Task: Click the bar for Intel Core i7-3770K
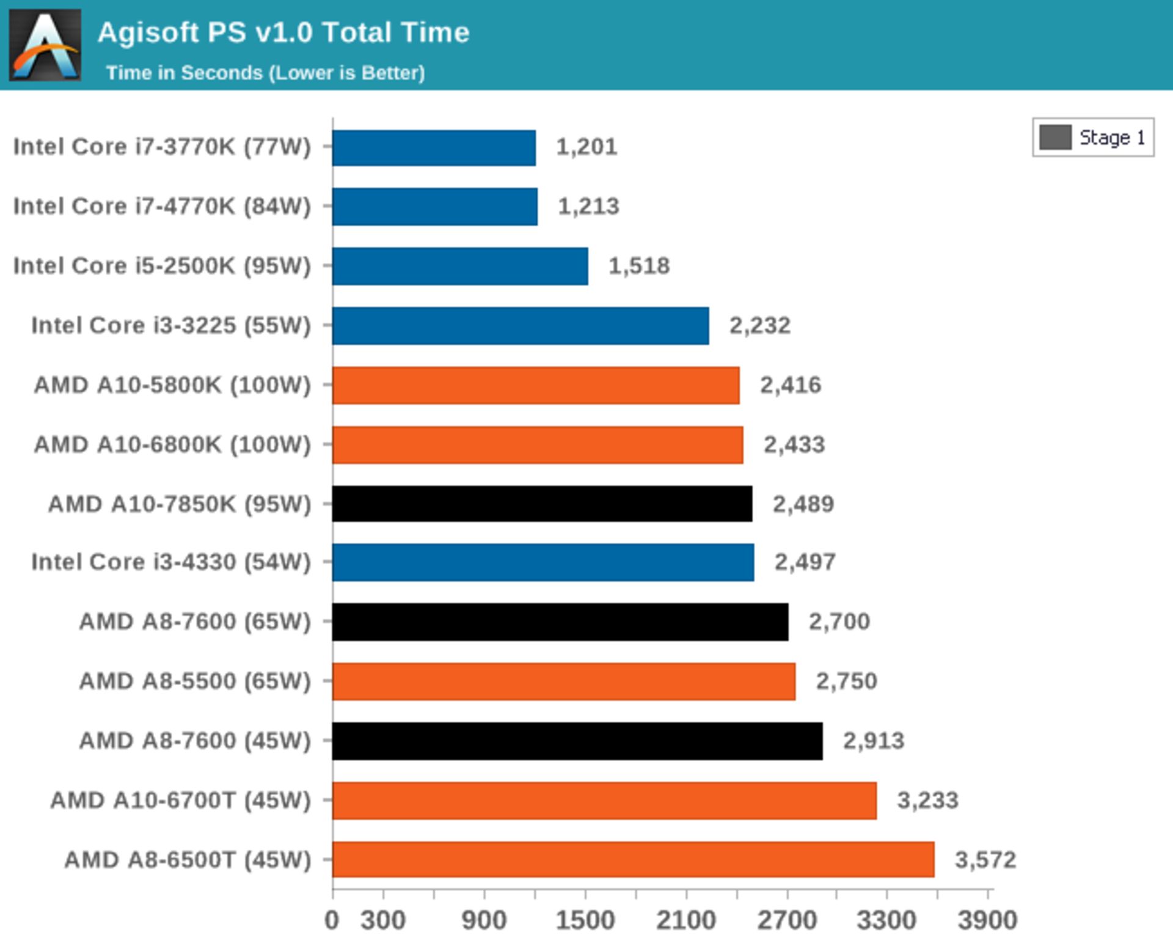[x=434, y=147]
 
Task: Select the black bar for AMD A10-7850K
[x=542, y=504]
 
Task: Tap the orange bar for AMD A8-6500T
[x=633, y=859]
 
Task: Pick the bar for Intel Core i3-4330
[x=543, y=562]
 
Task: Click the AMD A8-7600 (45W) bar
[x=577, y=741]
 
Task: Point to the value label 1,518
[x=639, y=266]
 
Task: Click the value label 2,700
[x=839, y=622]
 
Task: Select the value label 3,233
[x=927, y=800]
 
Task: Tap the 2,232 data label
[x=759, y=325]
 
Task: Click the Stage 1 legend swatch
[x=1055, y=138]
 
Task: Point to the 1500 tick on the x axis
[x=585, y=920]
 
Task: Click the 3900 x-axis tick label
[x=987, y=920]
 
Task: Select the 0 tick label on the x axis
[x=332, y=920]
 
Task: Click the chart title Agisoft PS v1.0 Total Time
[x=283, y=32]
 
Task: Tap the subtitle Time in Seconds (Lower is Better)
[x=265, y=73]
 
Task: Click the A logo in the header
[x=45, y=45]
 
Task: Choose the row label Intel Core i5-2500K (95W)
[x=162, y=266]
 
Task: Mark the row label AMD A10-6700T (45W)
[x=180, y=800]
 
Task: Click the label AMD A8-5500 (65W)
[x=195, y=681]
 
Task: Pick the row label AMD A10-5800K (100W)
[x=172, y=385]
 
